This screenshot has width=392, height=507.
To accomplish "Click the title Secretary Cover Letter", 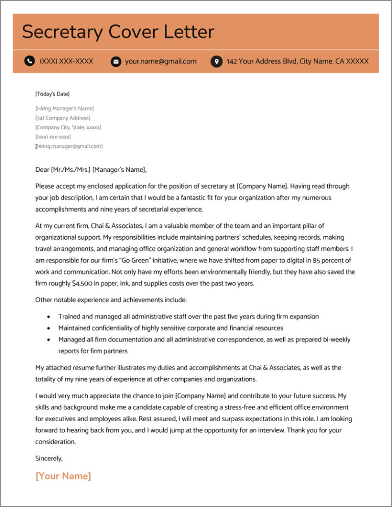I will click(118, 32).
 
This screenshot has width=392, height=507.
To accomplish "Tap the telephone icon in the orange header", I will click(30, 61).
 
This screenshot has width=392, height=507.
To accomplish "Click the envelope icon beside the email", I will click(116, 61).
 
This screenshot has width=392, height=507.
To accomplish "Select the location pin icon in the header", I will click(216, 61).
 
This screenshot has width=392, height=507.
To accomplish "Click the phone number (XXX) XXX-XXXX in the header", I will click(66, 61).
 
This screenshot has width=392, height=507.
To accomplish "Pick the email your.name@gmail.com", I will click(161, 61).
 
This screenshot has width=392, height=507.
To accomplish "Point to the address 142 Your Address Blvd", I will click(298, 61).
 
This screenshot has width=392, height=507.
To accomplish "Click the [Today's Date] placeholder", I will click(52, 94).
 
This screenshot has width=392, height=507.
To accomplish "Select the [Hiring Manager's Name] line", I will click(64, 108).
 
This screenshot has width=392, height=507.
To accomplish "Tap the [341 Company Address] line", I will click(63, 118).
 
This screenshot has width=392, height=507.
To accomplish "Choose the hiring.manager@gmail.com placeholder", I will click(69, 146).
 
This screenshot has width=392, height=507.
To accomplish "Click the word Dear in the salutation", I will click(42, 170).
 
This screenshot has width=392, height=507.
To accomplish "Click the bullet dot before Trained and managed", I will click(48, 317).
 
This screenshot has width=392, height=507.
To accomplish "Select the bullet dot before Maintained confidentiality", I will click(48, 328).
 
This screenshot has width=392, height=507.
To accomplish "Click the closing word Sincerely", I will click(48, 458).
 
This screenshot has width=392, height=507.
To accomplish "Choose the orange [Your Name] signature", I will click(63, 476).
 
